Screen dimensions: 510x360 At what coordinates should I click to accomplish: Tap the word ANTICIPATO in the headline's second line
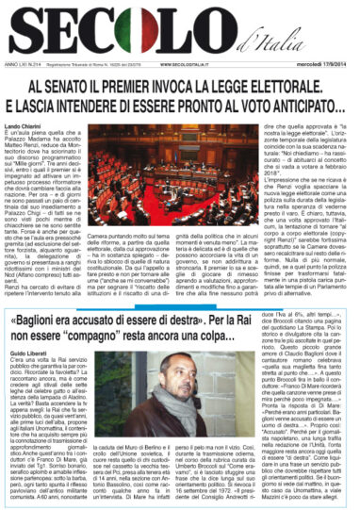click(282, 105)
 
